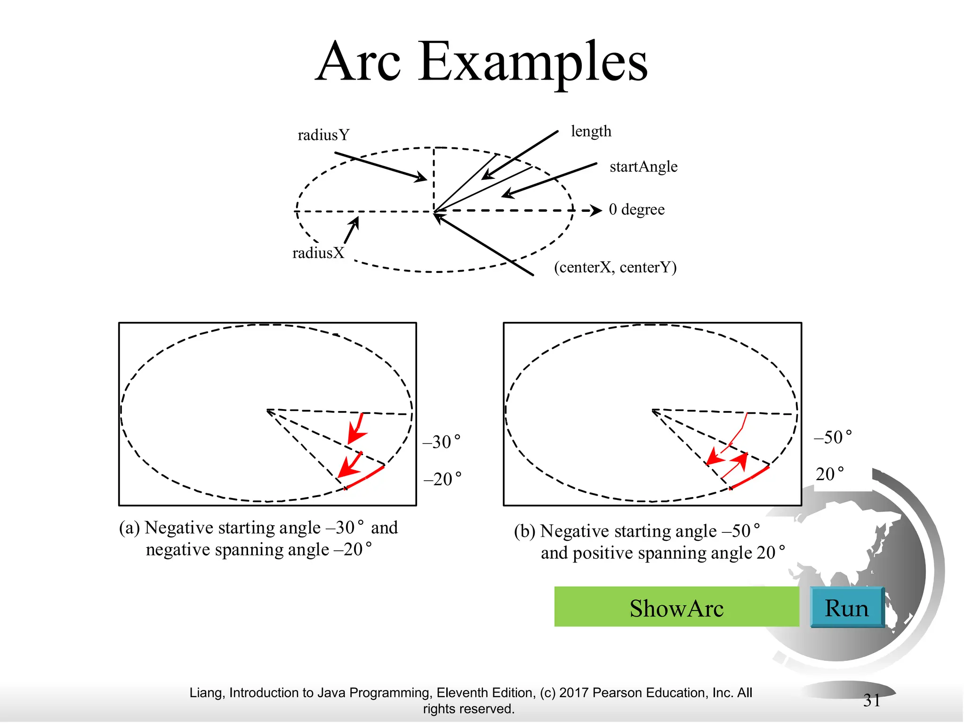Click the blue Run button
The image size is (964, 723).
point(846,608)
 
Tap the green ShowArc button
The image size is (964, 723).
point(676,607)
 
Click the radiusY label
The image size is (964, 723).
point(324,135)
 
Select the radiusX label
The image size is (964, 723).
point(318,253)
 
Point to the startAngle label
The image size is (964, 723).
point(643,167)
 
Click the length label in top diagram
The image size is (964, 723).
point(591,131)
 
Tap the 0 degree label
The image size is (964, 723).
point(636,209)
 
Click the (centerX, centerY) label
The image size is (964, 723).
point(615,267)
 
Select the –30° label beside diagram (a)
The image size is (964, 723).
point(442,442)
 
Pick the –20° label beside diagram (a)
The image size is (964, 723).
point(442,479)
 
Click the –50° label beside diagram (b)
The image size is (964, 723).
point(833,437)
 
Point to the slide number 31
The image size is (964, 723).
point(872,700)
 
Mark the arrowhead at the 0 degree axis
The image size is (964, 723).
point(596,210)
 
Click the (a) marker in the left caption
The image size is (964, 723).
point(129,528)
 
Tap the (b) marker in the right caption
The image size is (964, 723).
point(524,531)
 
